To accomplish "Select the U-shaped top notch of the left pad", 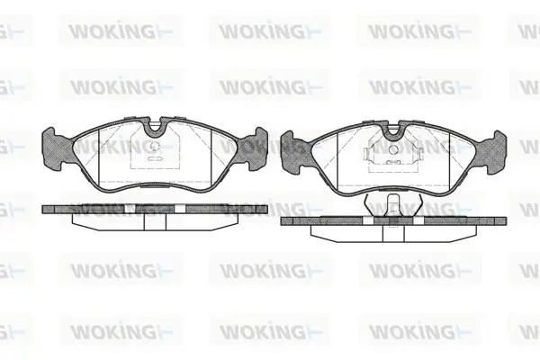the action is [155, 128].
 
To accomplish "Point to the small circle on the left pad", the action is [156, 147].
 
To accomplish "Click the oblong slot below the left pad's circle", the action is [155, 159].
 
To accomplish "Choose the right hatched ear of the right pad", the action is [491, 151].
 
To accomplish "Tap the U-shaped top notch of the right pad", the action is [393, 130].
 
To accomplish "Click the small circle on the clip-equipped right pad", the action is [393, 149].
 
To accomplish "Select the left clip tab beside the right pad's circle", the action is [367, 154].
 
